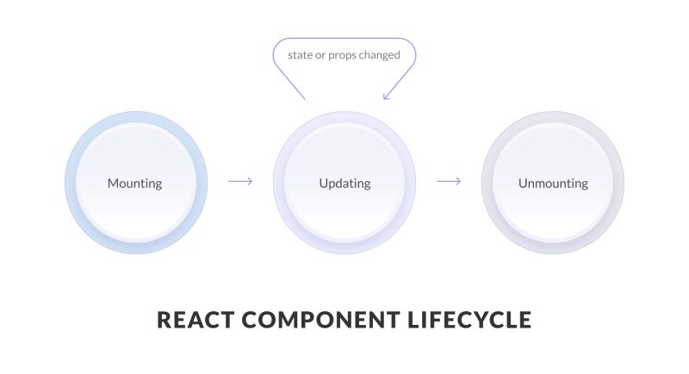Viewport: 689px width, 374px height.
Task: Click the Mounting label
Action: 134,184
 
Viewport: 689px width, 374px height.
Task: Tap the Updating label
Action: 344,184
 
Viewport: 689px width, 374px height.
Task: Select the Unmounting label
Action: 553,184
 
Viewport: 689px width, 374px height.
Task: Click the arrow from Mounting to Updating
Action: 240,182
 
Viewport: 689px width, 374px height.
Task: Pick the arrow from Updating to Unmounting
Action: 449,182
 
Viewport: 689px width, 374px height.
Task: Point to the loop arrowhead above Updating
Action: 385,97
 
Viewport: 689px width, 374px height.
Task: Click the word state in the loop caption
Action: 301,55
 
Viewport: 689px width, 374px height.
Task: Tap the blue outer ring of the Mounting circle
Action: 71,184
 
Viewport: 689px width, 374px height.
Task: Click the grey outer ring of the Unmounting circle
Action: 618,184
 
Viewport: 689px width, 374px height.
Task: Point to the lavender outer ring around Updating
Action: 279,184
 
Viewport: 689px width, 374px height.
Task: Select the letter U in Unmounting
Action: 523,184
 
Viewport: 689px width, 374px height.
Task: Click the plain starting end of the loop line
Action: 305,98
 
